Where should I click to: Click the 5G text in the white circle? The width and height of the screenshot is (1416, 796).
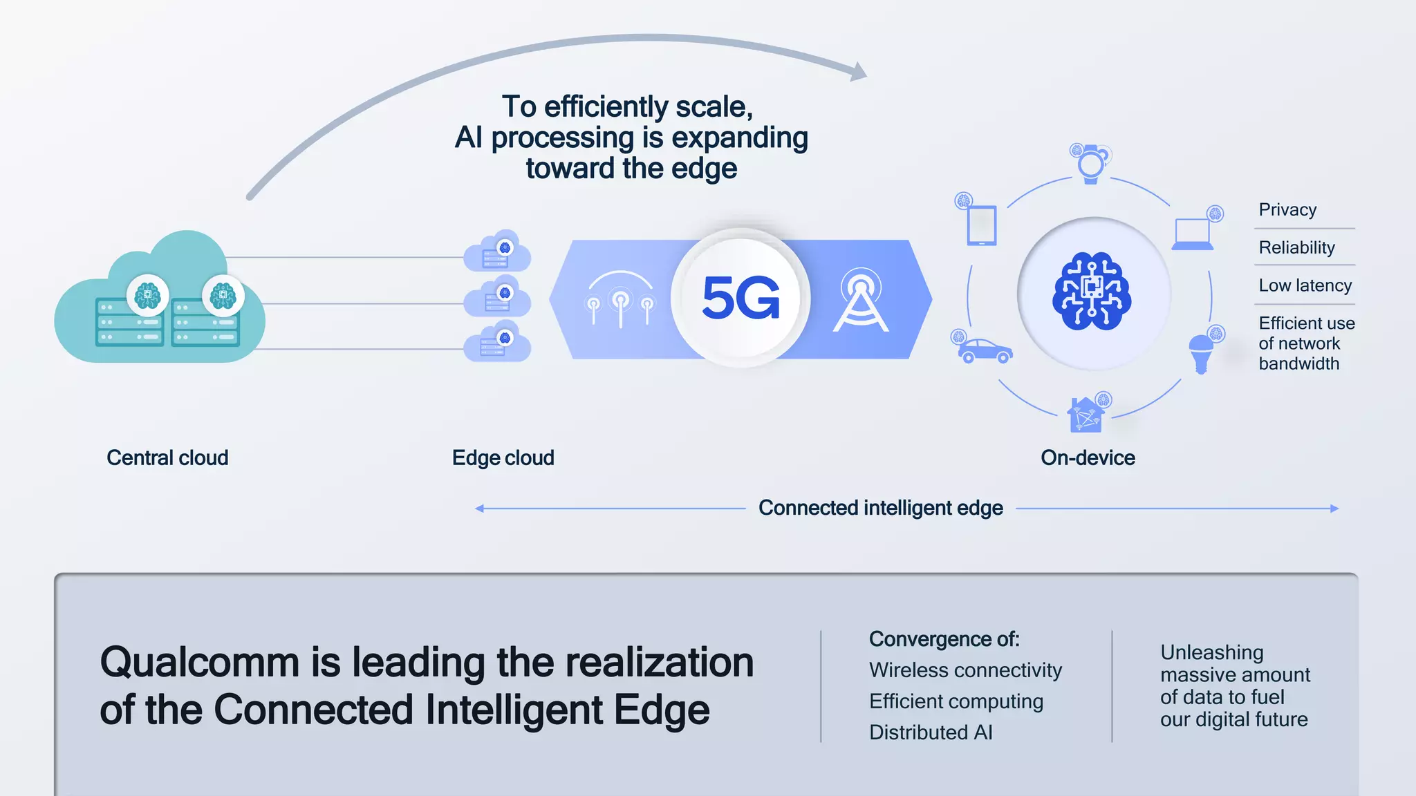pos(740,298)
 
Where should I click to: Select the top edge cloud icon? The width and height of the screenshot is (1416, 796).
pos(498,253)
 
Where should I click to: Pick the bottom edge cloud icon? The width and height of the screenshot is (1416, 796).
pos(498,343)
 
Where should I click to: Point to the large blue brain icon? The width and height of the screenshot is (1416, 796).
pos(1092,292)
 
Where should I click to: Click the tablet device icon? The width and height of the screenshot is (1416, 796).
pos(982,225)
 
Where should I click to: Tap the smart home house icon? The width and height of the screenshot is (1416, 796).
pos(1086,415)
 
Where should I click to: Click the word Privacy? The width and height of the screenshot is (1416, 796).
pos(1287,209)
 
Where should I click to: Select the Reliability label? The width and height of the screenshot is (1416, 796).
pos(1296,247)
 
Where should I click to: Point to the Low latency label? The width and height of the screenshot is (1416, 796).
pos(1305,285)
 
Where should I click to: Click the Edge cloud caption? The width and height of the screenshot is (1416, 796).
pos(503,457)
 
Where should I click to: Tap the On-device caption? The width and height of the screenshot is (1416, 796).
pos(1088,457)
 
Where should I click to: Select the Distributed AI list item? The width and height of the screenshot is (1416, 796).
pos(931,732)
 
